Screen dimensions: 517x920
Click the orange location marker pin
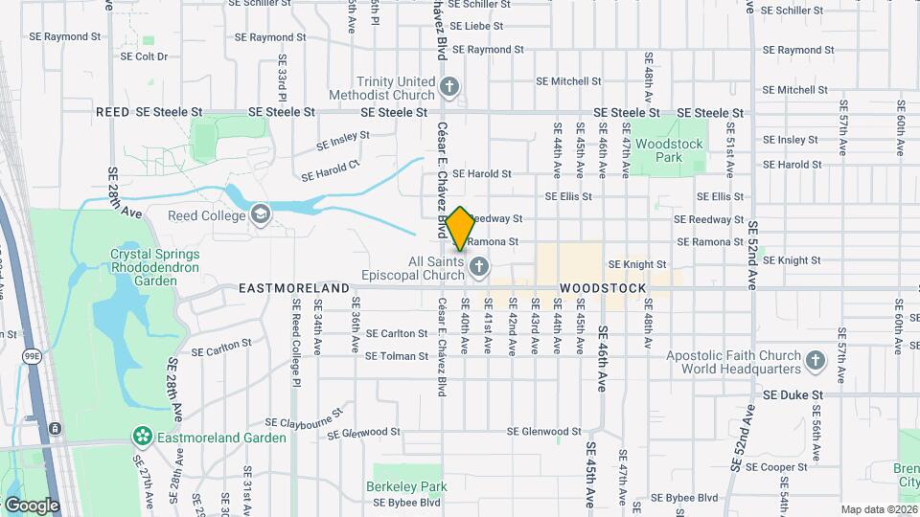point(460,229)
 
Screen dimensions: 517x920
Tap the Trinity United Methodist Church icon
point(449,89)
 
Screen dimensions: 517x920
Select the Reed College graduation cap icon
point(260,214)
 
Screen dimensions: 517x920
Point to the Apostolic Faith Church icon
point(815,361)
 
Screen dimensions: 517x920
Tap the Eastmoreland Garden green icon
point(143,438)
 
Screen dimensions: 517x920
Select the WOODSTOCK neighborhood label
point(603,287)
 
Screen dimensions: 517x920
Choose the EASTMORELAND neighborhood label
point(293,287)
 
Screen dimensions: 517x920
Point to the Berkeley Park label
point(406,486)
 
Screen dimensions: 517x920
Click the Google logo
point(32,506)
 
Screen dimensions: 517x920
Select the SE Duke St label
point(793,394)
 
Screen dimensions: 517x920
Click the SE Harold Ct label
point(330,170)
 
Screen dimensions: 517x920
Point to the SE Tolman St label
point(397,356)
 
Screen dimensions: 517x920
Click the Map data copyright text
point(880,509)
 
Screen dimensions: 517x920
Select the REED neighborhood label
point(112,112)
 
